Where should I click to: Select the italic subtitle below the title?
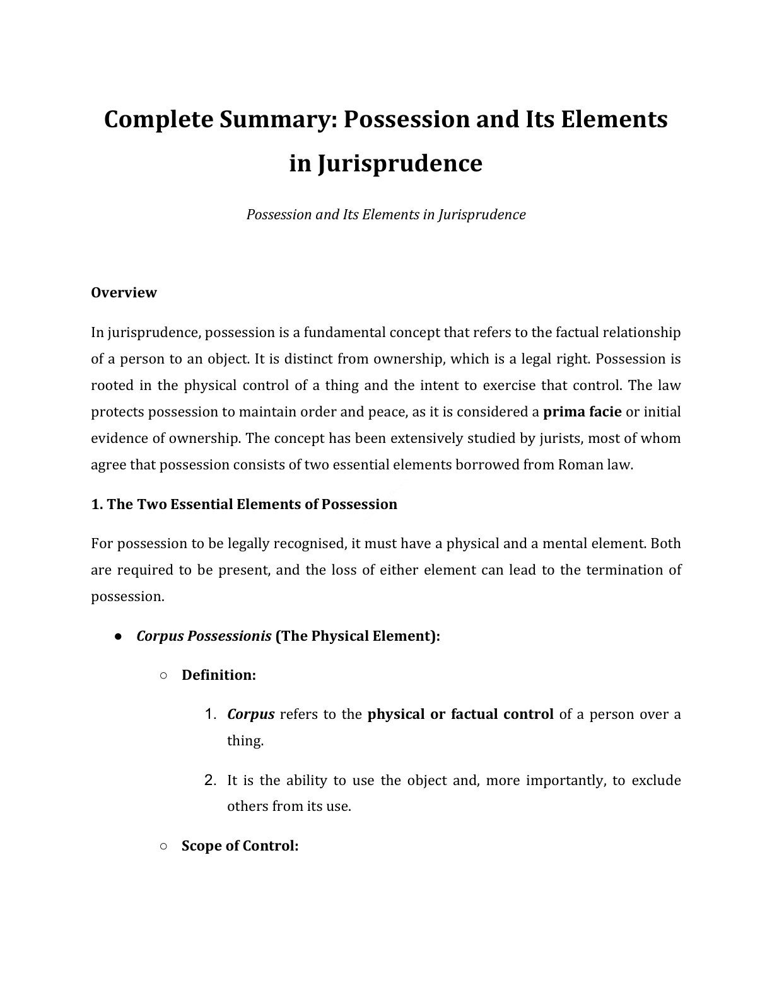click(x=385, y=215)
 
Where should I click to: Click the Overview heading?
click(x=124, y=293)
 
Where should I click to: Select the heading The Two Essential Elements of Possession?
click(x=244, y=504)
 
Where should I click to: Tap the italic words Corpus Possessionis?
click(x=204, y=636)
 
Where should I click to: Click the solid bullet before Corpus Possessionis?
click(x=118, y=636)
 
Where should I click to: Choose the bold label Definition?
click(x=218, y=675)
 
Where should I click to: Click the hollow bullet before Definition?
click(x=163, y=675)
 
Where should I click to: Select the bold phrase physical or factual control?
click(x=460, y=714)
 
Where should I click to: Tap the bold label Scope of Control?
click(x=240, y=846)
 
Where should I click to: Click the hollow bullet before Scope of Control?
click(x=163, y=846)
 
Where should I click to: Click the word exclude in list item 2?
click(x=656, y=781)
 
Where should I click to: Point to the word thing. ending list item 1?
click(x=245, y=741)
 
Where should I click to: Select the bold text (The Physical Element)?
click(x=358, y=636)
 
